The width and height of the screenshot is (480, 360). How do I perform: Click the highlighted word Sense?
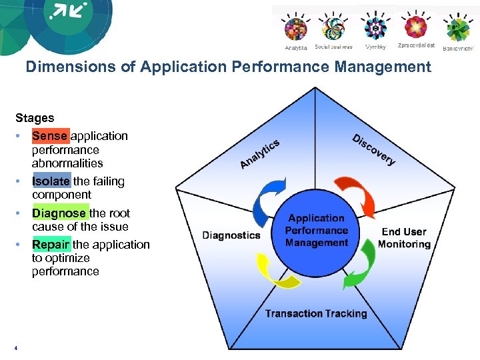point(50,136)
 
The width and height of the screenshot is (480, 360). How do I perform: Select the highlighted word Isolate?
point(51,181)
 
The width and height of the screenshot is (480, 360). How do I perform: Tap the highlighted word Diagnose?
point(59,213)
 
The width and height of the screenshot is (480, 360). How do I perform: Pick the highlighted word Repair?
point(51,245)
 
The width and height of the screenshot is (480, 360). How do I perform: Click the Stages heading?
point(35,118)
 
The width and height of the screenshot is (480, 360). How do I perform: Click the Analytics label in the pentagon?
point(259,154)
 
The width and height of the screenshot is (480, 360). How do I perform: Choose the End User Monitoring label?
point(404,238)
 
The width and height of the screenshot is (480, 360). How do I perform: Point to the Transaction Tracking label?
point(316,314)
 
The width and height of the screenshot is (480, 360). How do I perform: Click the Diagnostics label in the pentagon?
point(231,235)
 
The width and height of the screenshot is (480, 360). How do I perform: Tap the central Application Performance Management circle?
point(317,231)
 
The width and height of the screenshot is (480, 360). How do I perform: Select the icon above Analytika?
point(296,29)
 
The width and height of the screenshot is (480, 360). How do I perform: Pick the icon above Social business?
point(333,29)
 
